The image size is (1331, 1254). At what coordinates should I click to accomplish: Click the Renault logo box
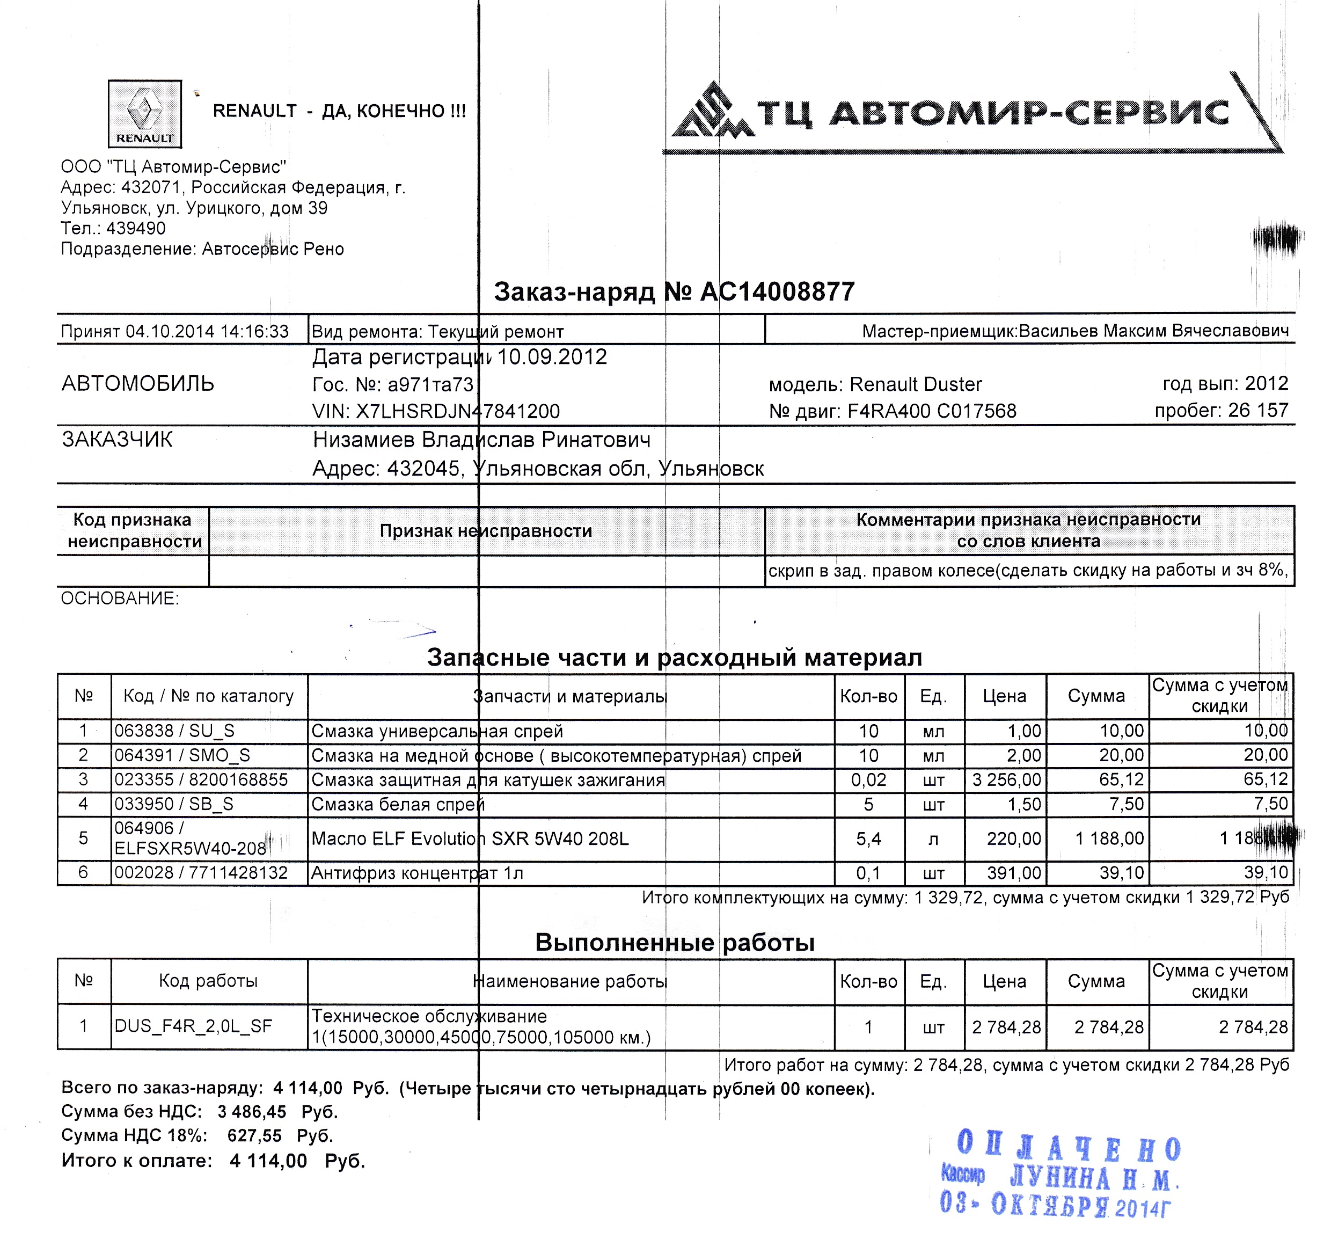coord(144,114)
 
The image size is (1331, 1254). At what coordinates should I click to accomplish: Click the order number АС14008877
coord(777,292)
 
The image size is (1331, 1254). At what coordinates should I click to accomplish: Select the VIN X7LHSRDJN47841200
coord(457,411)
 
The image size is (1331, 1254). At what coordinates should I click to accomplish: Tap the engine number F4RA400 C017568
coord(932,411)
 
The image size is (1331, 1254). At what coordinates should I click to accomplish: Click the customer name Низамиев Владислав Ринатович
coord(481,440)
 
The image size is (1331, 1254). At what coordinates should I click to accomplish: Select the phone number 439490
coord(135,228)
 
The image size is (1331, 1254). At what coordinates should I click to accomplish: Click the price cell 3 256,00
coord(1006,780)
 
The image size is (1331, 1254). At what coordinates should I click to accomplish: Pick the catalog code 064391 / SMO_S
coord(182,755)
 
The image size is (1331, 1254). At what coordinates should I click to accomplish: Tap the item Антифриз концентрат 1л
coord(416,873)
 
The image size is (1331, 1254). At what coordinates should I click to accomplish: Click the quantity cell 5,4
coord(868,839)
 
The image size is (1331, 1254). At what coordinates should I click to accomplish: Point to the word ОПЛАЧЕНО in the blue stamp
coord(1069,1148)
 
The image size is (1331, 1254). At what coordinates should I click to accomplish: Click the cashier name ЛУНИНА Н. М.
coord(1093,1178)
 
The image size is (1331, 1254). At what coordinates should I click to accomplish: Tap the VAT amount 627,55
coord(254,1136)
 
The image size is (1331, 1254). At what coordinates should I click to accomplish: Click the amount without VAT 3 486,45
coord(252,1112)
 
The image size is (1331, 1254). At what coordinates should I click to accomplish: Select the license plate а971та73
coord(430,385)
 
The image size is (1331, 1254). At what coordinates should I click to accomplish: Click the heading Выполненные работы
coord(674,943)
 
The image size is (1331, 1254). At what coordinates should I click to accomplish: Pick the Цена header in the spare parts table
coord(1004,696)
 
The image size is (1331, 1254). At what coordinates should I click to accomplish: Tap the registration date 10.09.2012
coord(552,357)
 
